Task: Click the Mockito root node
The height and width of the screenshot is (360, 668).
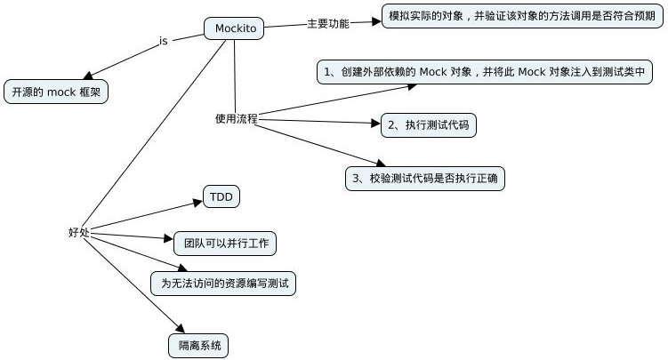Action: coord(236,29)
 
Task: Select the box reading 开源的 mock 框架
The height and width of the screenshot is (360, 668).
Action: coord(55,92)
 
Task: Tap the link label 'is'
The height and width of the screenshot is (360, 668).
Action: coord(163,40)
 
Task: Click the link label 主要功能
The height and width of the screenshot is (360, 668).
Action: coord(327,24)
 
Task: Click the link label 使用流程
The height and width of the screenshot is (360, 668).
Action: coord(236,117)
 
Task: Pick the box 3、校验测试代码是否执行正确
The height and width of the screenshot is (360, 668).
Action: coord(435,179)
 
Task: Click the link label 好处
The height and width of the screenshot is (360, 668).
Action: coord(79,232)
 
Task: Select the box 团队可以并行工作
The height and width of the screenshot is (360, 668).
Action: coord(226,242)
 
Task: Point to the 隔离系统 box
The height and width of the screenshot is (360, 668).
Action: coord(197,343)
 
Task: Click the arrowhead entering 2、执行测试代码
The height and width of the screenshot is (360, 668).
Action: coord(374,124)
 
